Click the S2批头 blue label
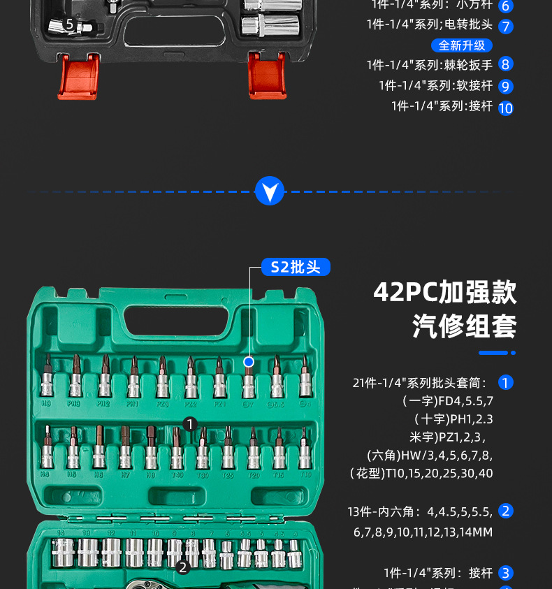point(296,267)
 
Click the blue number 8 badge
point(506,64)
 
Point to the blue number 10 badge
point(506,108)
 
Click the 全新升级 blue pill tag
point(462,45)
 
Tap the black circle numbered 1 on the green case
point(190,423)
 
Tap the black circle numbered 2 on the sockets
point(183,567)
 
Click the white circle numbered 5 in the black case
point(69,24)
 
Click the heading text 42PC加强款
point(445,292)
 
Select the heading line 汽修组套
point(465,326)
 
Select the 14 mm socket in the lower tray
point(61,552)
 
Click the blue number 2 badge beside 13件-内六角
point(506,511)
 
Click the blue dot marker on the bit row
point(248,361)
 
